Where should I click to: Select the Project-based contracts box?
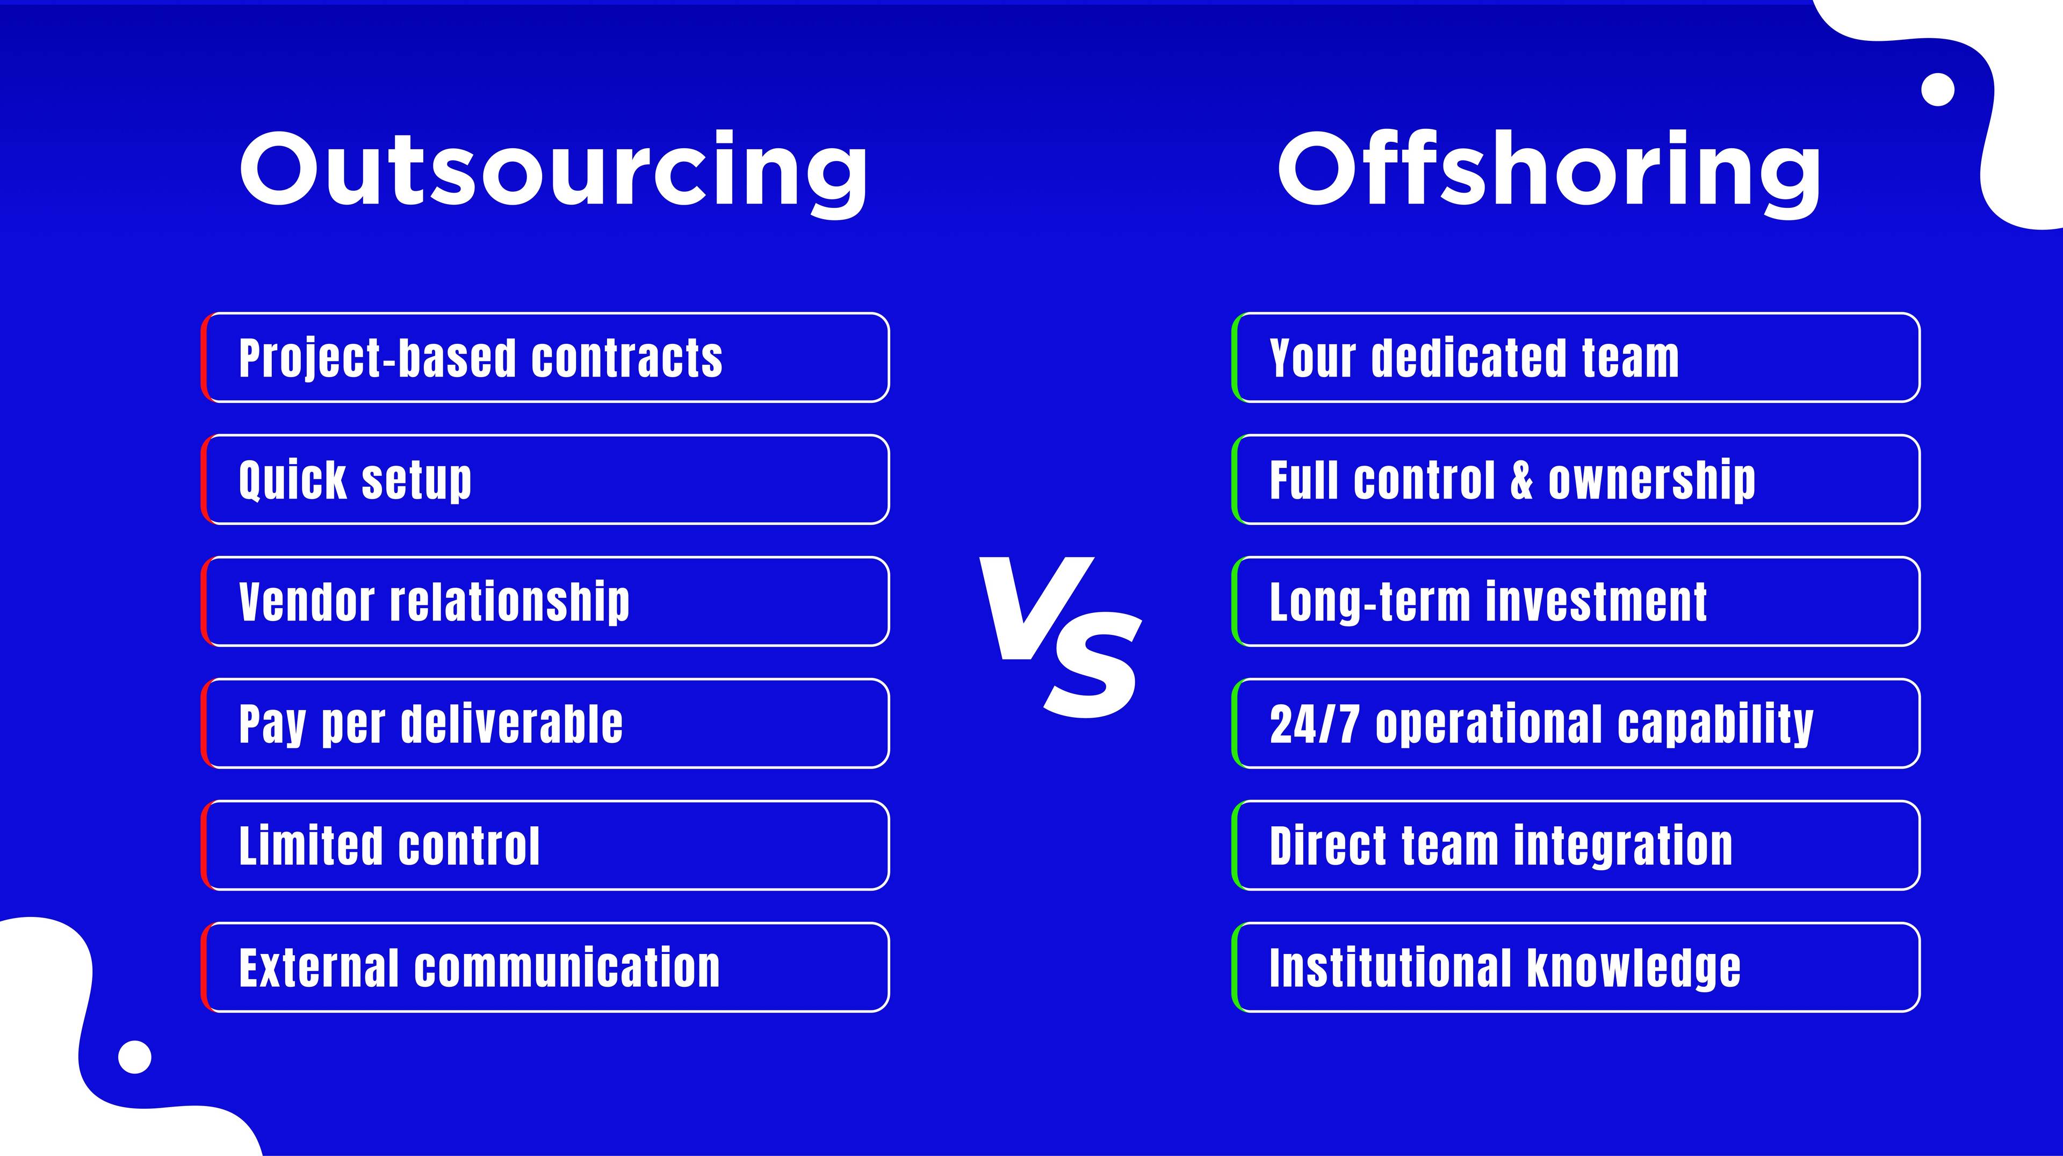[545, 358]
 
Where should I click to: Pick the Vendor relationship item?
[545, 601]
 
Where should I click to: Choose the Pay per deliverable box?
[545, 724]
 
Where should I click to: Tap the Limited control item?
[545, 846]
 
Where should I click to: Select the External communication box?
[545, 967]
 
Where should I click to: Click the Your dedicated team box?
[1576, 358]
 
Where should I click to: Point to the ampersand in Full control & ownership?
[1521, 480]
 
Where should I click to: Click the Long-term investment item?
[1576, 601]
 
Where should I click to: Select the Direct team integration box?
[1576, 846]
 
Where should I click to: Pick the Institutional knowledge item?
[1576, 967]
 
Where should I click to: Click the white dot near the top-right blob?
[1938, 90]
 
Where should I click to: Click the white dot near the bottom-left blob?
[134, 1057]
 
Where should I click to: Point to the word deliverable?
[512, 724]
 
